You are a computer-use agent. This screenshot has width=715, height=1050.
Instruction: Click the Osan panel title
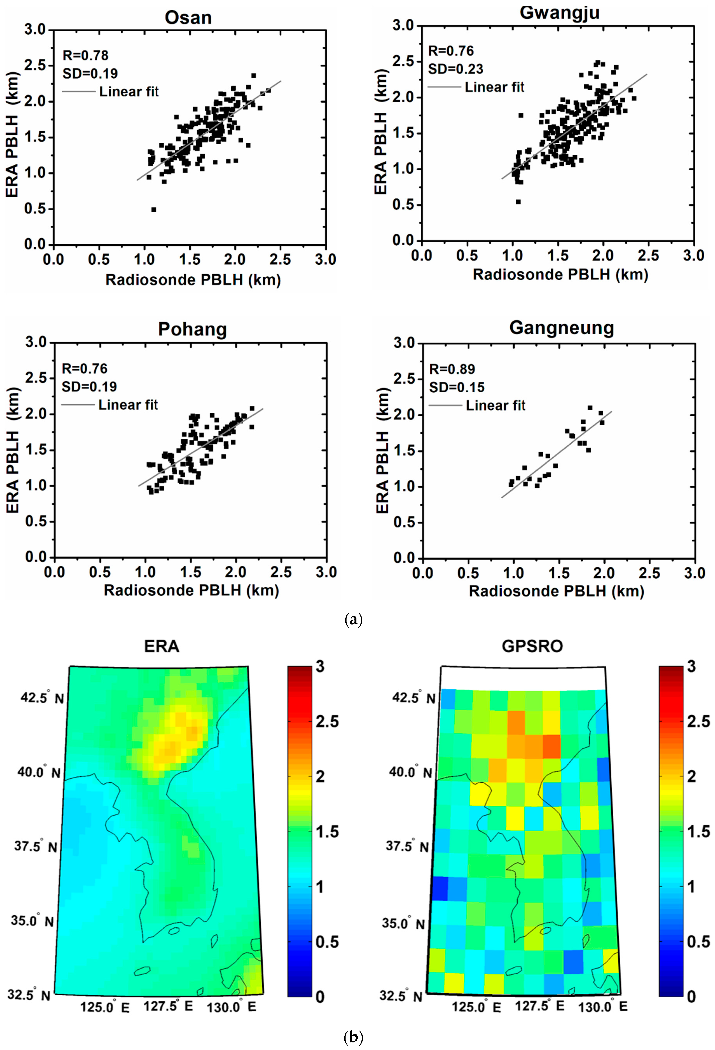(x=188, y=18)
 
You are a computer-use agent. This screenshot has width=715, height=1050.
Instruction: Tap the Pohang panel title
(x=192, y=329)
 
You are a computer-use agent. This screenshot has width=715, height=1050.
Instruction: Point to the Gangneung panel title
(x=561, y=328)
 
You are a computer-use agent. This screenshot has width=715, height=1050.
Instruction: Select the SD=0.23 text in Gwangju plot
(x=456, y=69)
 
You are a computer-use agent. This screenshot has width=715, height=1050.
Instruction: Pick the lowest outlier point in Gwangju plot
(x=518, y=202)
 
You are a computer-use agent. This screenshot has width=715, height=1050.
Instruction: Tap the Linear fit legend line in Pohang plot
(x=78, y=405)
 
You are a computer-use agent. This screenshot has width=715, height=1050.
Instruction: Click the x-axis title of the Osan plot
(x=193, y=280)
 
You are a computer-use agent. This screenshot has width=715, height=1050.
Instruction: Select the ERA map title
(x=161, y=646)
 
